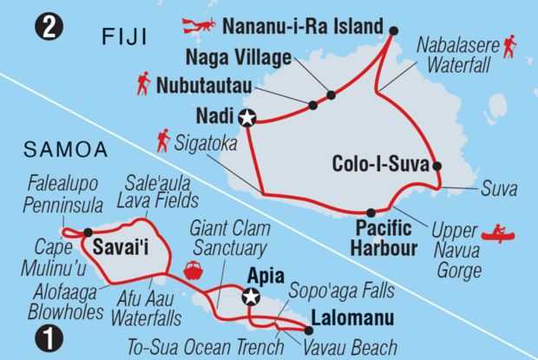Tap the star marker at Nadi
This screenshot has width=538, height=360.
coord(249,119)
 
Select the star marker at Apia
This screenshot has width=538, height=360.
coord(251,298)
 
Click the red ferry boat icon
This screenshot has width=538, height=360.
coord(192,270)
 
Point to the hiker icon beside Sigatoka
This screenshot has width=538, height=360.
coord(162,138)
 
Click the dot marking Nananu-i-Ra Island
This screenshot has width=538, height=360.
coord(393,31)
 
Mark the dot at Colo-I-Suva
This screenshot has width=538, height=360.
coord(436,166)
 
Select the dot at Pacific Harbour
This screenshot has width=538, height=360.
coord(371,213)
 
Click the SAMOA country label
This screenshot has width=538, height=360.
coord(60,150)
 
